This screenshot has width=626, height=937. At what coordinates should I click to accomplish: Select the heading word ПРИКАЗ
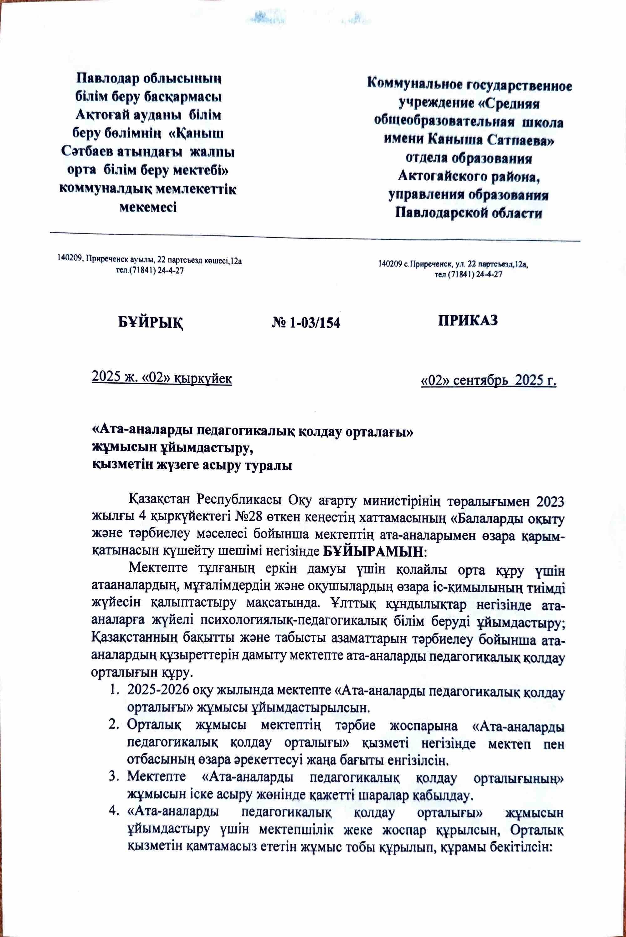tap(468, 321)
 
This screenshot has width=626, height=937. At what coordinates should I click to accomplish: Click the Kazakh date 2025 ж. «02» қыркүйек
tap(162, 377)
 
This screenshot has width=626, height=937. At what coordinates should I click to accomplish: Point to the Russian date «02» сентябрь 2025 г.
tap(489, 381)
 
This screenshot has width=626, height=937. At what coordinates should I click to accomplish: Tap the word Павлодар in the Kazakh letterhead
tap(105, 77)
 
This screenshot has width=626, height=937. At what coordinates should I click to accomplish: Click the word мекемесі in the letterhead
tap(148, 207)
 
